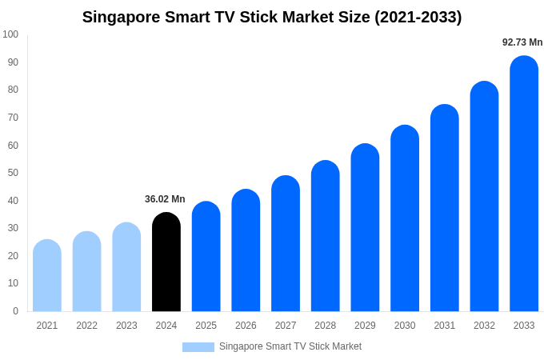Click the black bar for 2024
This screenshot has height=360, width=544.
coord(166,262)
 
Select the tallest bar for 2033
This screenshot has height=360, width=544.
coord(524,184)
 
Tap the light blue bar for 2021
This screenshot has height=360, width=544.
coord(47,276)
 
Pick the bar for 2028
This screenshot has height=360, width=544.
coord(326,236)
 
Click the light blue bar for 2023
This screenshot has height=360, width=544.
coord(126,267)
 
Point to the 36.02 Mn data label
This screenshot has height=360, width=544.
coord(165,199)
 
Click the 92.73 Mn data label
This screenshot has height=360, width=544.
coord(522,42)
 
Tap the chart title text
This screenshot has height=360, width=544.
coord(272,17)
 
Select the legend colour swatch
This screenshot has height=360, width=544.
coord(198,347)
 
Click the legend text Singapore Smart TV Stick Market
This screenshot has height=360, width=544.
coord(290,346)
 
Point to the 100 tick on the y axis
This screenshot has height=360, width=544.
coord(10,34)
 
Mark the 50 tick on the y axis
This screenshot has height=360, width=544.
coord(13,173)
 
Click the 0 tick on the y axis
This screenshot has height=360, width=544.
coord(15,311)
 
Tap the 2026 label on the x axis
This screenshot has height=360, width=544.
coord(246,326)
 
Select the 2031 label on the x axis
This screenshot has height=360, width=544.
coord(445,326)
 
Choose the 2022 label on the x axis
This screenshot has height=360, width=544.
coord(87,326)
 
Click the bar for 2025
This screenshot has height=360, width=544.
coord(206,257)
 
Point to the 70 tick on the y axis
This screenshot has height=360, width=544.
coord(13,118)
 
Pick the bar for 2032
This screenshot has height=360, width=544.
coord(484,197)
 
